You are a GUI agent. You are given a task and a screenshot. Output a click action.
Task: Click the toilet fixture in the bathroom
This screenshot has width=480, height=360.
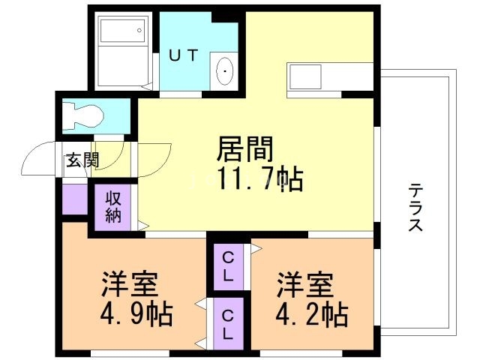tap(83, 115)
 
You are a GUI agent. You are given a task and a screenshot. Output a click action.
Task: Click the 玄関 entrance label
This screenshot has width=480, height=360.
tap(81, 160)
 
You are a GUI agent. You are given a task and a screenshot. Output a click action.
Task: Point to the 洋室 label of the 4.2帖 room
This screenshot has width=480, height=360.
tap(304, 285)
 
